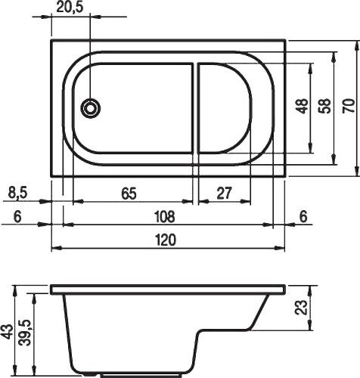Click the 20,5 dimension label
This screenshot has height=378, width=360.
coord(66,7)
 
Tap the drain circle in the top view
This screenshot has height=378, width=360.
coord(91,108)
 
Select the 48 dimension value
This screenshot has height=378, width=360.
coord(302,106)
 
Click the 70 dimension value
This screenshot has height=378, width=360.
coord(349,106)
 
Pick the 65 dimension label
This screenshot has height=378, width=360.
coord(129,194)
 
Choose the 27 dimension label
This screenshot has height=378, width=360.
coord(224,194)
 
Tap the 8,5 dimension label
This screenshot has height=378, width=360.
coord(17,194)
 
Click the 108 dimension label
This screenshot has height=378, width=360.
coord(164,217)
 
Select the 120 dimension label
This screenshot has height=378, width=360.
coord(166,240)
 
